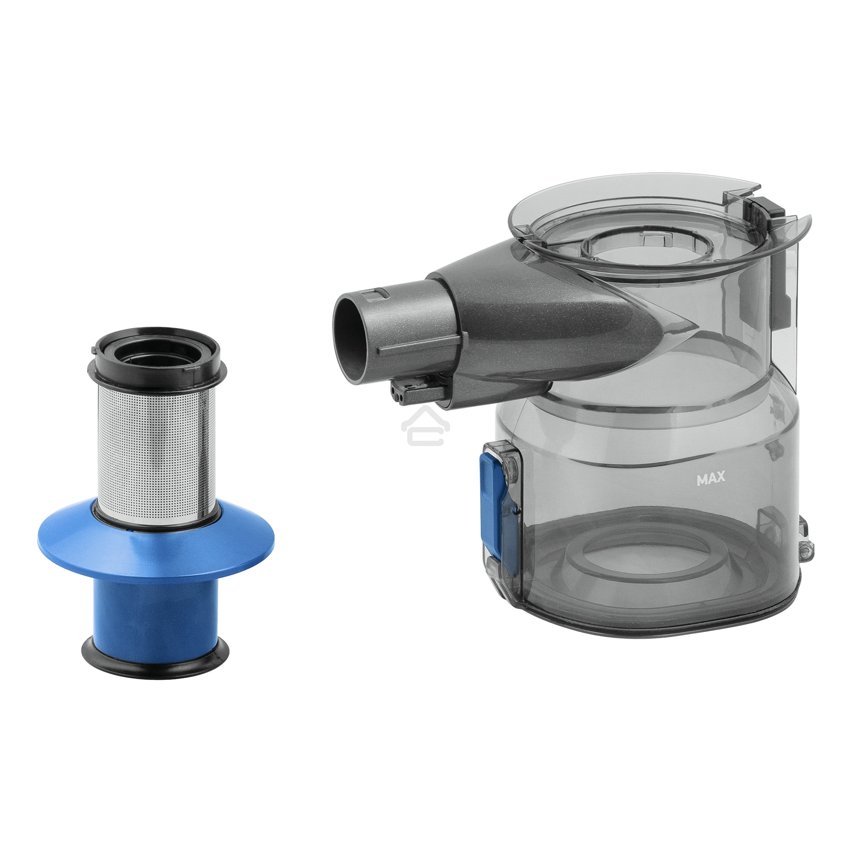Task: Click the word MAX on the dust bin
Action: (x=711, y=480)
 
